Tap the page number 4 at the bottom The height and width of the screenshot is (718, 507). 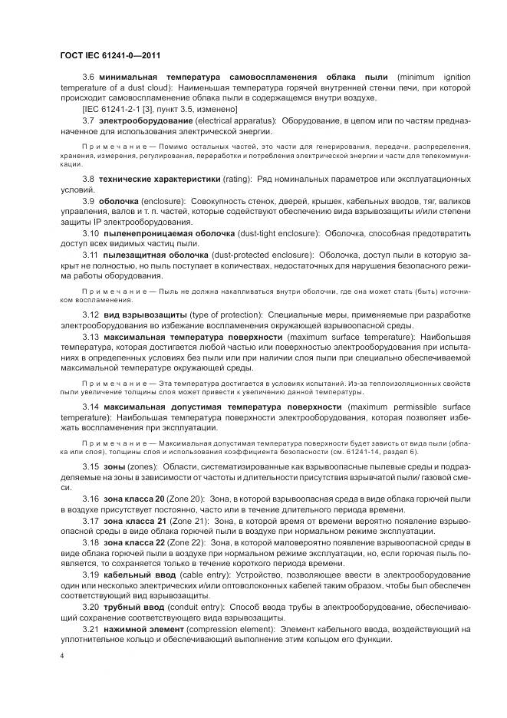(x=61, y=657)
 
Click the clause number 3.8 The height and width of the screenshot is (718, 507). (x=88, y=179)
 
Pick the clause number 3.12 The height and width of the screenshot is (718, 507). (x=91, y=315)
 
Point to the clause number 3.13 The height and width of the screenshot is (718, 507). (x=91, y=336)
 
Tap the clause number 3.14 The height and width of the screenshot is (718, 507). (x=91, y=406)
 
